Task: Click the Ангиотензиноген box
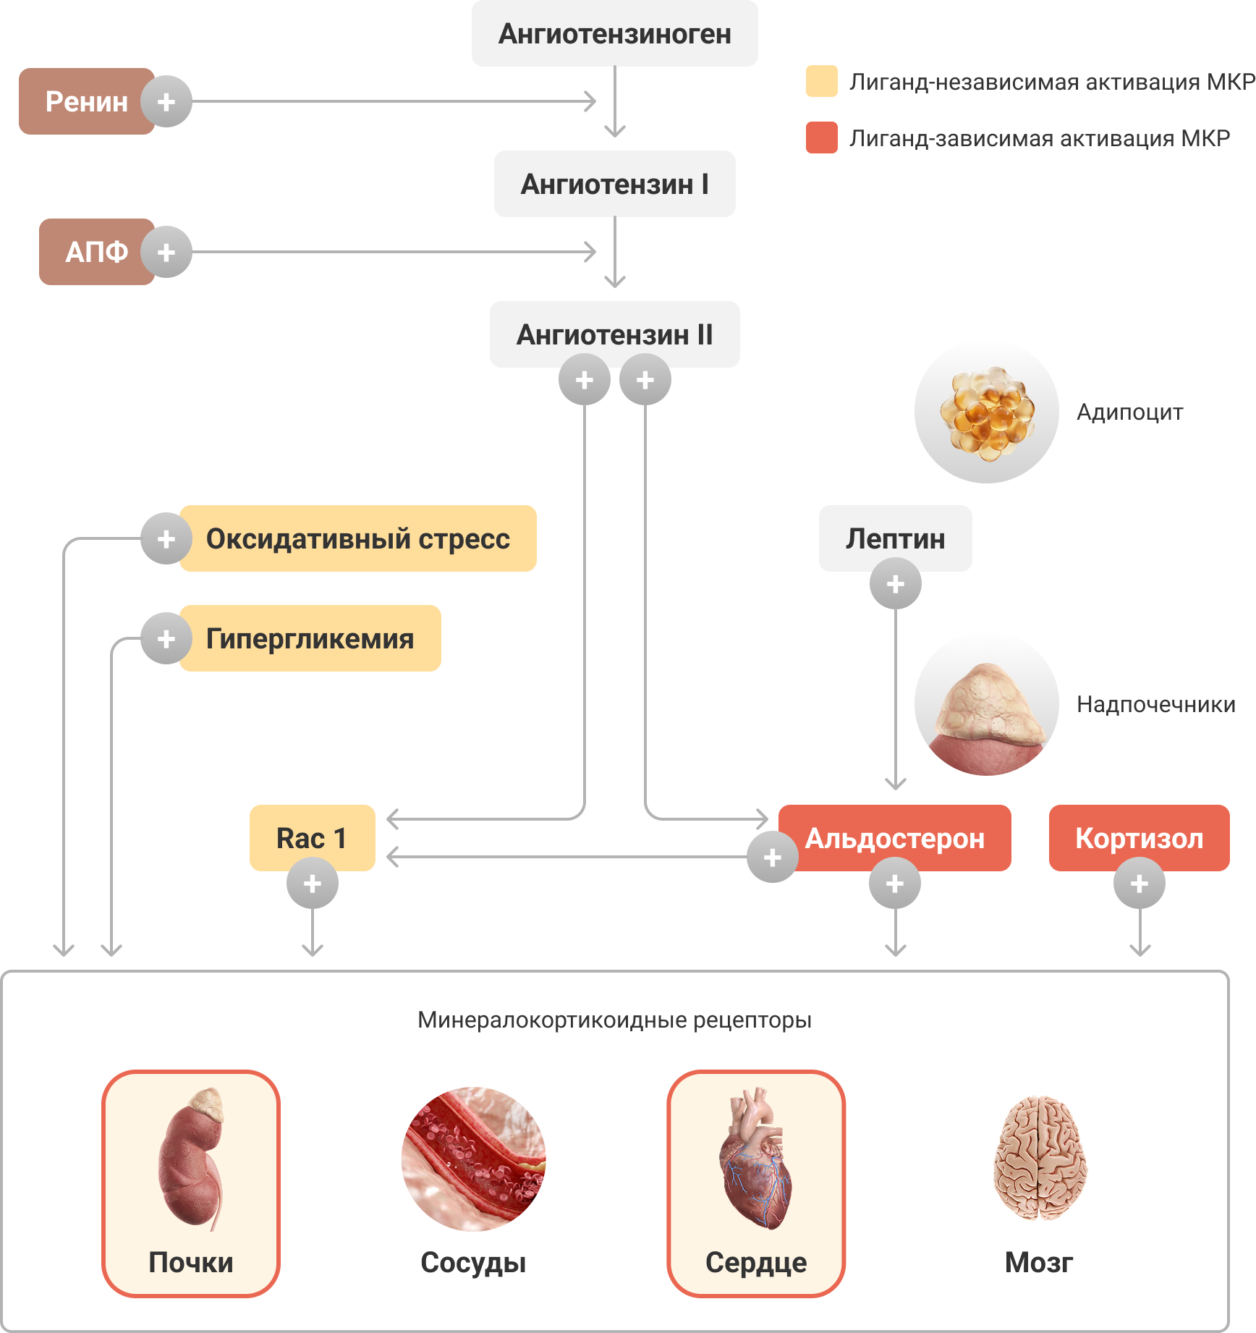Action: click(x=614, y=34)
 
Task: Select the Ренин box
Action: click(x=86, y=101)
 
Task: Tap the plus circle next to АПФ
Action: click(x=166, y=252)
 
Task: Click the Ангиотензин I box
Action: click(x=614, y=184)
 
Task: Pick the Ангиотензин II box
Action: click(x=614, y=334)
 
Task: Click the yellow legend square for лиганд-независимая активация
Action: click(x=822, y=81)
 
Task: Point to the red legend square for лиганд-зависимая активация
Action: click(x=822, y=137)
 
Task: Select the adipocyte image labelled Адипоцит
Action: click(x=987, y=411)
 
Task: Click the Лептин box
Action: click(x=895, y=538)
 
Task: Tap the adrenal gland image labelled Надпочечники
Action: click(x=987, y=703)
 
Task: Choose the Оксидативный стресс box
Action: click(x=357, y=538)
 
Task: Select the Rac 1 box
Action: click(x=312, y=838)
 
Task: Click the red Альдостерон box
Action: click(x=895, y=838)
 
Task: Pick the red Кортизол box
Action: click(x=1140, y=838)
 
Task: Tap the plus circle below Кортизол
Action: click(x=1140, y=884)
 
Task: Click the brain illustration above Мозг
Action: click(x=1040, y=1158)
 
